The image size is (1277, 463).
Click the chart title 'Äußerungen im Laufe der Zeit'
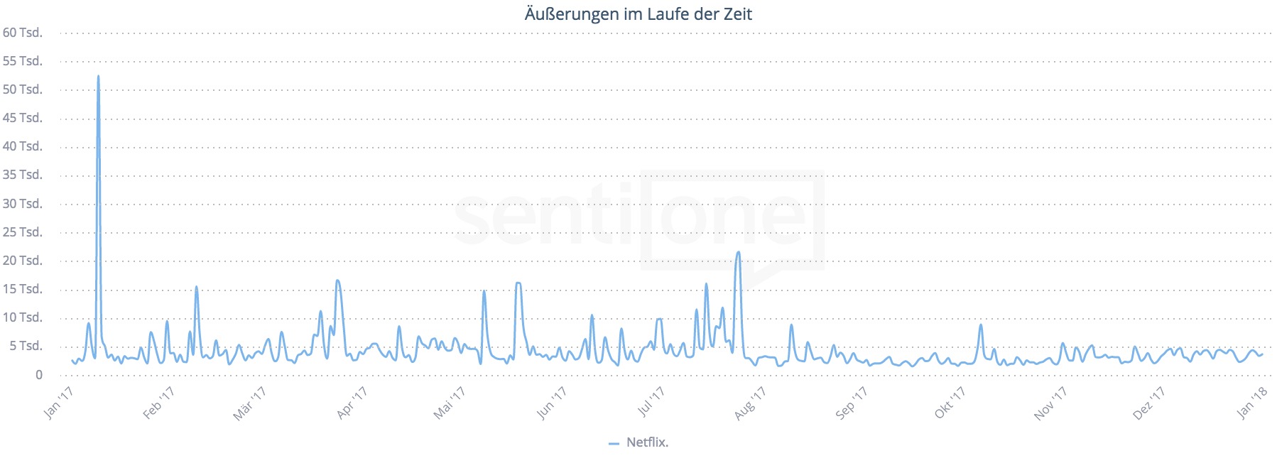point(638,14)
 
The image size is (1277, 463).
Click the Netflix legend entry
point(646,442)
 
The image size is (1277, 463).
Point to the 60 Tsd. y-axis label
point(23,33)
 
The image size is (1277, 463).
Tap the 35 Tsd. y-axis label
point(23,175)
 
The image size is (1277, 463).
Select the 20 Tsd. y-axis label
point(23,261)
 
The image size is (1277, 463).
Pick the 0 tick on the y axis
point(38,375)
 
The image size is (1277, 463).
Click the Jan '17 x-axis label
point(58,403)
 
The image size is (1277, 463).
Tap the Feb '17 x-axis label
point(158,403)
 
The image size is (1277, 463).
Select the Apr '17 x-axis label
point(352,403)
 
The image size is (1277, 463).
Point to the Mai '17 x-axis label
point(449,403)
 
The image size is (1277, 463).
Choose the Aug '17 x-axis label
point(750,403)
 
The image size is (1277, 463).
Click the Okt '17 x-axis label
point(950,403)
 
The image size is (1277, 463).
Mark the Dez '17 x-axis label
point(1148,403)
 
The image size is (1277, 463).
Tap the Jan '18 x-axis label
point(1251,403)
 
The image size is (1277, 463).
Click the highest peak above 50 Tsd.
point(98,77)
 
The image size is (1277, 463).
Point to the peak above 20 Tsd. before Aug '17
point(739,252)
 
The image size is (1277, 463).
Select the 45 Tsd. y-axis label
point(23,118)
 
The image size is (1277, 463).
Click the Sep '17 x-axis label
point(851,403)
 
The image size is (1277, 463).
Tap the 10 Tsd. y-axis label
point(23,317)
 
